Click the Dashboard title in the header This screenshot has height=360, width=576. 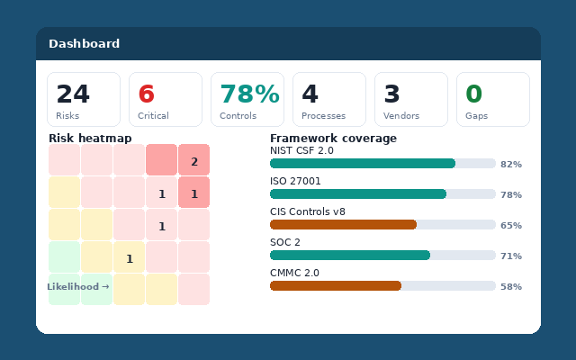coord(84,43)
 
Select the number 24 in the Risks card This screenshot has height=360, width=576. coord(73,94)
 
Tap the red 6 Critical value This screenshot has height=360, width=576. coord(146,94)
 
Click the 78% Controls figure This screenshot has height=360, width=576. coord(249,94)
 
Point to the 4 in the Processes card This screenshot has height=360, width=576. coord(310,94)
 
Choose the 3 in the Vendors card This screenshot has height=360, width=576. coord(391,94)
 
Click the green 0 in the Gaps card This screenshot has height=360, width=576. coord(473,94)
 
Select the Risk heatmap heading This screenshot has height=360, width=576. coord(90,138)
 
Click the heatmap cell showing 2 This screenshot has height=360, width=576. coord(193,160)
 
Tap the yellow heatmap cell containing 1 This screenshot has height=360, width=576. coord(129,257)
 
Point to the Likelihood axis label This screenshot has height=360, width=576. coord(78,286)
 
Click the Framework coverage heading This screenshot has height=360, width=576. coord(333,138)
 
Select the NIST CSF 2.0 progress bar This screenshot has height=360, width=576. coord(363,164)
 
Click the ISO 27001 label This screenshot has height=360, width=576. coord(295,181)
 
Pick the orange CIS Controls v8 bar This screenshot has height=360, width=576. coord(343,225)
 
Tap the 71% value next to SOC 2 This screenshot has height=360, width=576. coord(510,256)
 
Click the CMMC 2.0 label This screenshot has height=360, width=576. coord(294,273)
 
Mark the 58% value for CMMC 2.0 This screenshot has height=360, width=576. coord(510,286)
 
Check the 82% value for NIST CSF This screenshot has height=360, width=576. coord(510,164)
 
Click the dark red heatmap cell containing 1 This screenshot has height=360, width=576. coord(193,193)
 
